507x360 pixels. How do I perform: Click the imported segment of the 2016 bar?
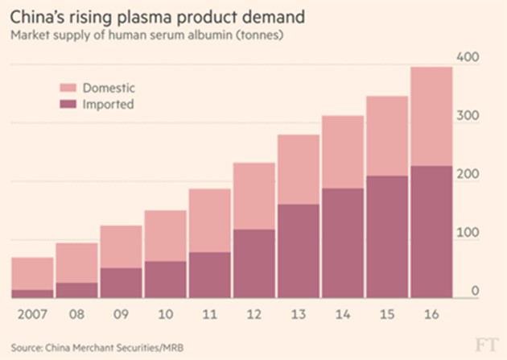(431, 234)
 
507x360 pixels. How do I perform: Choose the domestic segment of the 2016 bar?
(431, 117)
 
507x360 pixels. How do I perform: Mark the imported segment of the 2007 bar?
(32, 294)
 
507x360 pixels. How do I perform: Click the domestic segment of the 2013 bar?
(298, 169)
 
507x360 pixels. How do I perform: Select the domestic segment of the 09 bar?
(121, 246)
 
